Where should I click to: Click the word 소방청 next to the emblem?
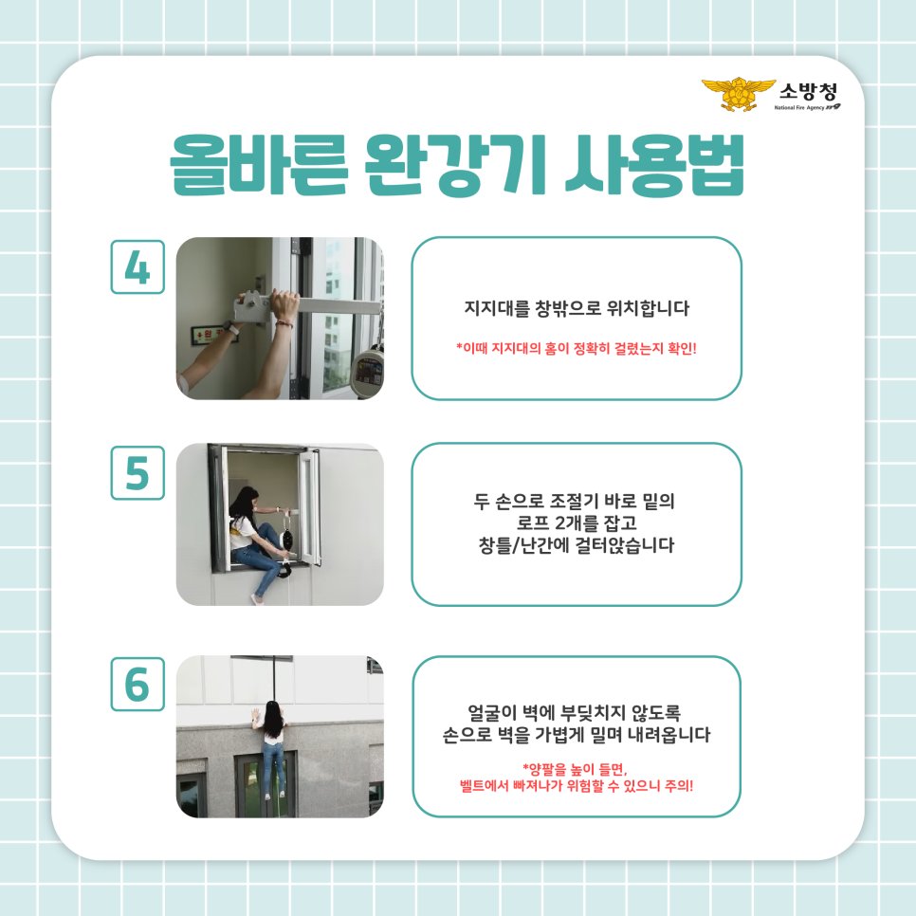[807, 92]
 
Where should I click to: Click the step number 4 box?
[137, 266]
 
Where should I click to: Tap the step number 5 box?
[137, 472]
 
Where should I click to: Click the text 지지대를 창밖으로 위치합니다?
[576, 309]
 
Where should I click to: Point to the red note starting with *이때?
[576, 347]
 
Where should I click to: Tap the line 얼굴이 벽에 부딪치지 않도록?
[576, 710]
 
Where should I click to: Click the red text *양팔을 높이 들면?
[576, 768]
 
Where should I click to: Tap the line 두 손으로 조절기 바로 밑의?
[576, 499]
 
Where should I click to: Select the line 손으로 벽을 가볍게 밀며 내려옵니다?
[576, 734]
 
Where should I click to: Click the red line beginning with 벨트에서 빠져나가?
[576, 785]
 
